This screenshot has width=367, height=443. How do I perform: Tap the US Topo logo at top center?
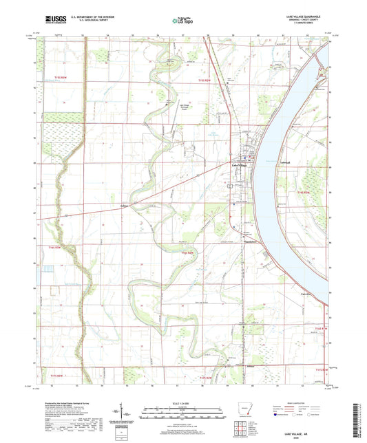click(180, 21)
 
